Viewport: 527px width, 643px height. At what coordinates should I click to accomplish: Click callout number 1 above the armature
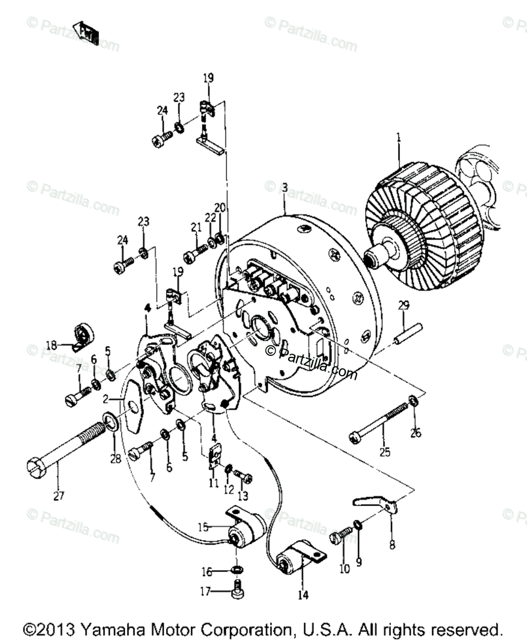click(x=398, y=138)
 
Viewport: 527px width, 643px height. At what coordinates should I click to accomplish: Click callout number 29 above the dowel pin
click(x=403, y=306)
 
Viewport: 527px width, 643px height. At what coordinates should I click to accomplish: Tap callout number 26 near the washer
click(x=416, y=433)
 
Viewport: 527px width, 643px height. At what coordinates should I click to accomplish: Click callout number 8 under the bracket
click(x=392, y=545)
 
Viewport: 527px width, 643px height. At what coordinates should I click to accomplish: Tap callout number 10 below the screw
click(x=344, y=569)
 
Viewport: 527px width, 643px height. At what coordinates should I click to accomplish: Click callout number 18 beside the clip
click(x=51, y=346)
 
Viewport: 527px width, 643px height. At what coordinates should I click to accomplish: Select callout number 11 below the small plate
click(x=214, y=483)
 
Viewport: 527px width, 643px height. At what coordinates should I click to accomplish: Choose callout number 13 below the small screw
click(x=244, y=493)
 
